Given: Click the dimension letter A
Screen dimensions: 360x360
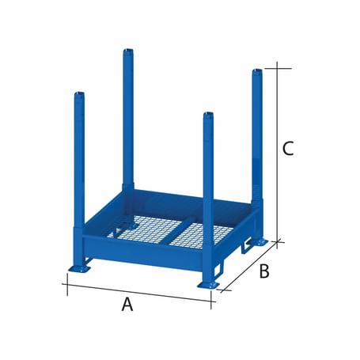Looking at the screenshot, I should (127, 305).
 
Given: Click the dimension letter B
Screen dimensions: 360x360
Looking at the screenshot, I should (264, 271).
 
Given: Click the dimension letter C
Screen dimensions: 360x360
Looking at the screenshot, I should (289, 147).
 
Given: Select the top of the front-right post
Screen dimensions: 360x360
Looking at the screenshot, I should (208, 116).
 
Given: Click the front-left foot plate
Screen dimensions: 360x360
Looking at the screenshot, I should (78, 270).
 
